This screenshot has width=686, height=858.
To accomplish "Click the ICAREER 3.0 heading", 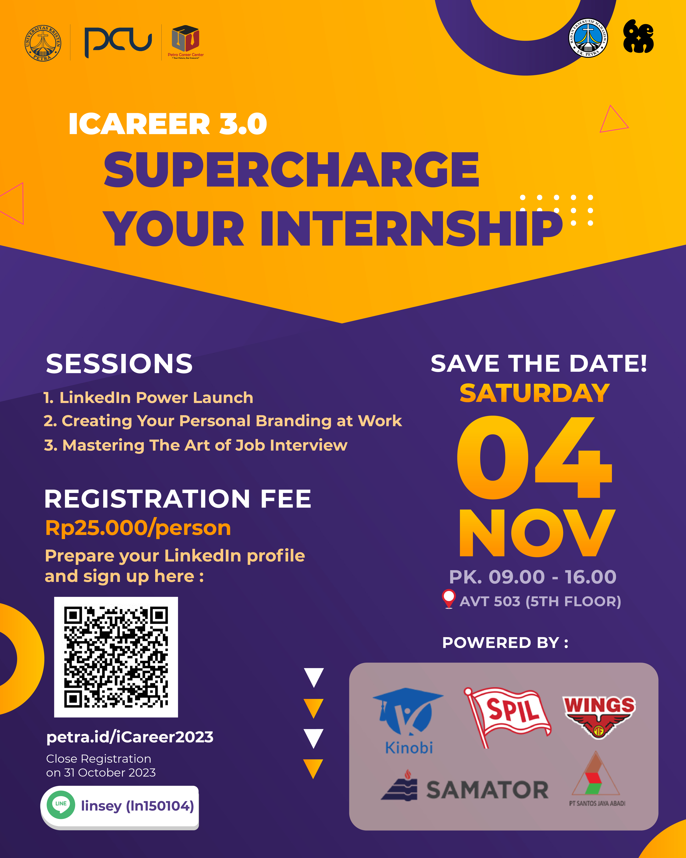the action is pos(167,124).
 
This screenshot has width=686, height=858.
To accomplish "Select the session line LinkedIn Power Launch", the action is pos(148,398).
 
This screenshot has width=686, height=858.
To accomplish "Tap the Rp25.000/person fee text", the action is pos(138,528).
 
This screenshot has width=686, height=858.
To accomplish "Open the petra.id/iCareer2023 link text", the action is pos(130,737).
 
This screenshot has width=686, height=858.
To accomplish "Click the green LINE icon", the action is pos(61,805).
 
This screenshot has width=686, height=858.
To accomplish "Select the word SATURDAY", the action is pos(534,393).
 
